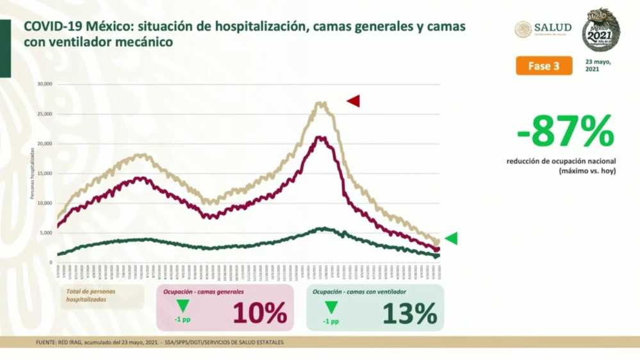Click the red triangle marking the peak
354,101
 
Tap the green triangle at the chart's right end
451,239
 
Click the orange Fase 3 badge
544,66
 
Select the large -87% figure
566,132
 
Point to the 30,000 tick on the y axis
44,84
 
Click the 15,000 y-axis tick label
44,173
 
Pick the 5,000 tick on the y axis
45,233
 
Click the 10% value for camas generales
259,313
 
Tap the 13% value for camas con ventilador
409,313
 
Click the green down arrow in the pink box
183,306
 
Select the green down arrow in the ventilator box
332,307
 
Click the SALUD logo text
552,28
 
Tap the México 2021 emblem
600,30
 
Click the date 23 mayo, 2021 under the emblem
598,66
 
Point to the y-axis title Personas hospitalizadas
32,173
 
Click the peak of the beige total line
321,102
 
